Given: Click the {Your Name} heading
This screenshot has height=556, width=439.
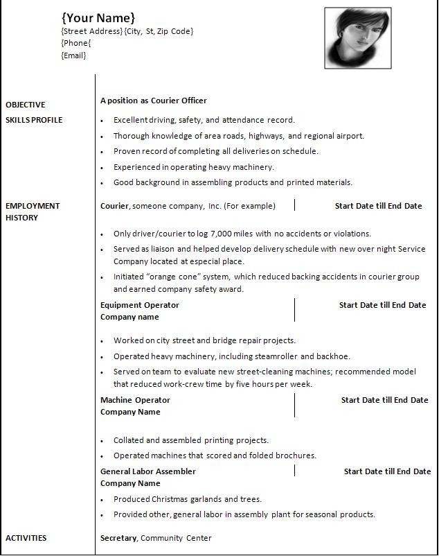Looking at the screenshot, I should tap(98, 17).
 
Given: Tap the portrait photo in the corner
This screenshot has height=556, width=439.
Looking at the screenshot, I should tap(357, 37).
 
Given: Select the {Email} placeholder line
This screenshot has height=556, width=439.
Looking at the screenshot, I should tap(73, 55).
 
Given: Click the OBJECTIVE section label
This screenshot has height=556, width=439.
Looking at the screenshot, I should tap(25, 105).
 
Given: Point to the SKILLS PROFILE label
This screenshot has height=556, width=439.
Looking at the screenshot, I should tap(34, 120).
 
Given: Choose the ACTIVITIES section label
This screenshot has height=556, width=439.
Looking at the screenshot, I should tap(26, 538).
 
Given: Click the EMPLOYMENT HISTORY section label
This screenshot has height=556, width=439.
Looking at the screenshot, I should tap(33, 211).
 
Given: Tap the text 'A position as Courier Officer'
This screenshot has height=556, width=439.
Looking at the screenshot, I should tap(153, 101).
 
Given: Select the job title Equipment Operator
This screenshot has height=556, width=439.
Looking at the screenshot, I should tap(139, 305).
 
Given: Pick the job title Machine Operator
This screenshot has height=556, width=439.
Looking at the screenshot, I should tap(135, 400).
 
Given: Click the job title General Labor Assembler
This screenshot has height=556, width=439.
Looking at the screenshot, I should tap(147, 471).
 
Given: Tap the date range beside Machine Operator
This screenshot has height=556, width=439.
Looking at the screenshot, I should tap(384, 400).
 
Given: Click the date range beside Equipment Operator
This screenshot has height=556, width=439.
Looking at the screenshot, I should tap(382, 305).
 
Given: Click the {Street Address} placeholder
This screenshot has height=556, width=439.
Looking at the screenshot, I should tap(92, 31).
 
